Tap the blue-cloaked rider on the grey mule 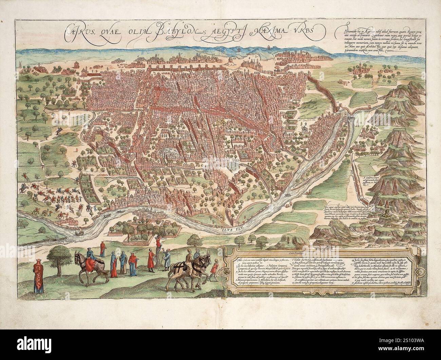90,255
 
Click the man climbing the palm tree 158,243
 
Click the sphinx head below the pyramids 385,214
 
